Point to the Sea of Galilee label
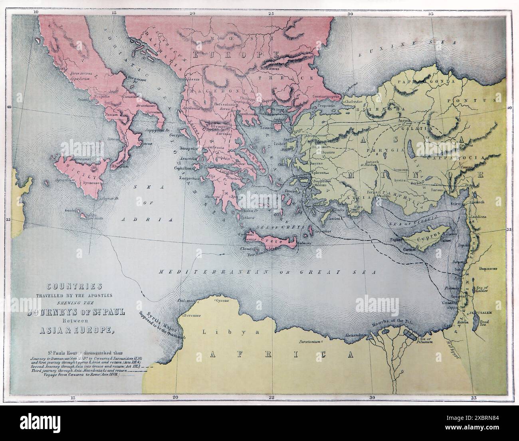[490, 290]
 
